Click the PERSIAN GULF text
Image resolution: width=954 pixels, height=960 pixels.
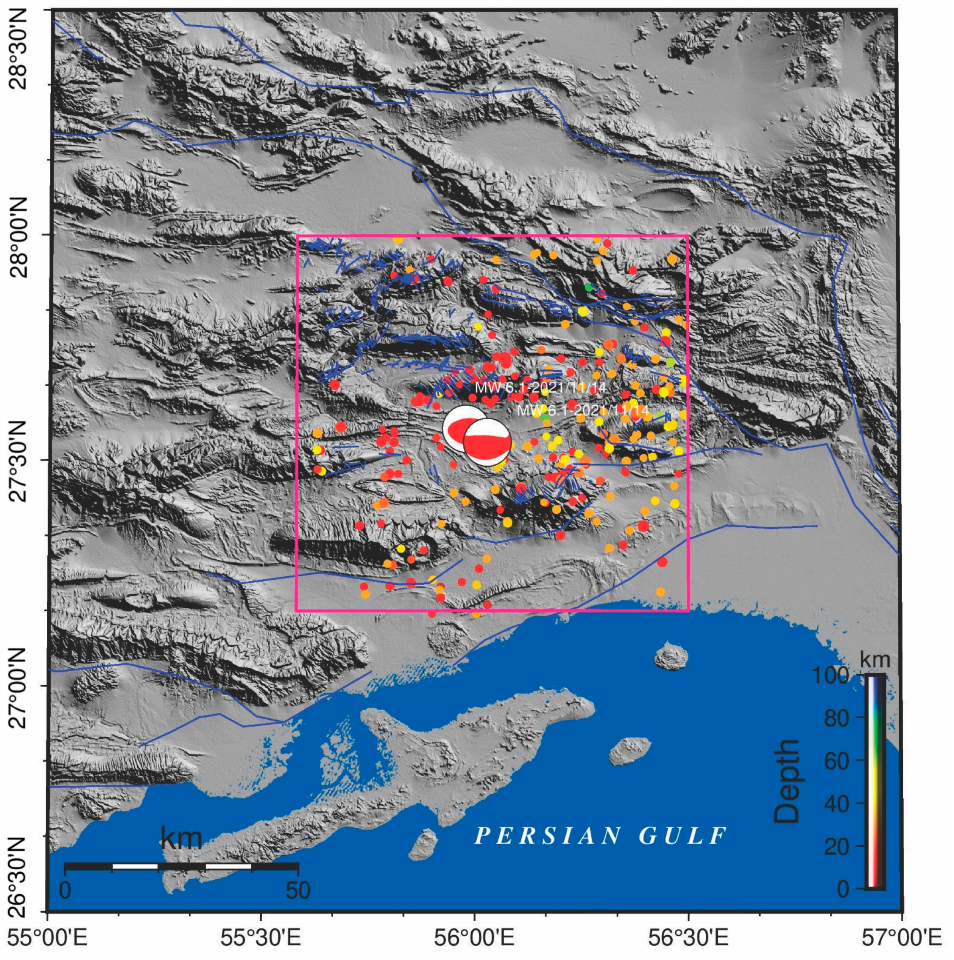tap(601, 836)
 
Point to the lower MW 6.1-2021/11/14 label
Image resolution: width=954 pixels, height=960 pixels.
tap(583, 410)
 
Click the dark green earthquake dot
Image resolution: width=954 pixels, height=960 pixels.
tap(589, 287)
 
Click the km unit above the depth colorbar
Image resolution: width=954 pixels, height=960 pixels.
tap(875, 660)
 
